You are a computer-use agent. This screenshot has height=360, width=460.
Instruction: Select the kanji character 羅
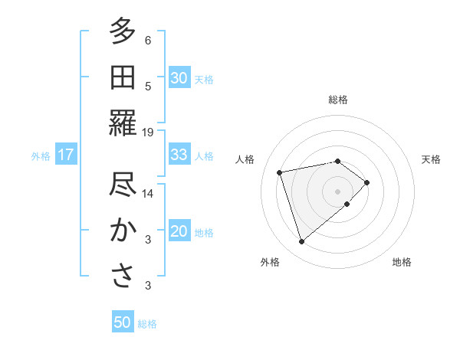click(x=123, y=123)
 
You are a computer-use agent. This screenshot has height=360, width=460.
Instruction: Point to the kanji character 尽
click(x=123, y=185)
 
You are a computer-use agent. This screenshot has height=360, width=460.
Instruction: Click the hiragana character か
click(x=123, y=231)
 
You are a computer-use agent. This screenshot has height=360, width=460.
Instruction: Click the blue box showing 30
click(x=179, y=78)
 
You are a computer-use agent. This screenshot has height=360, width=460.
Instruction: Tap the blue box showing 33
click(x=179, y=155)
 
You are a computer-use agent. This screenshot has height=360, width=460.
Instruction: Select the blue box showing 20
click(x=179, y=232)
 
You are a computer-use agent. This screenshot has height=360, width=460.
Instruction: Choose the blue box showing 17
click(x=65, y=155)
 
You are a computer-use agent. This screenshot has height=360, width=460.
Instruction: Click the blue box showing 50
click(x=123, y=322)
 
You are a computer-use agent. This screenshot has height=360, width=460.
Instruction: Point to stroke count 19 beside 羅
click(x=148, y=132)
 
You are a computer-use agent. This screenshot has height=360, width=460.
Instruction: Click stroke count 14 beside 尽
click(x=148, y=194)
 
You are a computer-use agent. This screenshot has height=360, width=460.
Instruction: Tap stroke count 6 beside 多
click(x=148, y=40)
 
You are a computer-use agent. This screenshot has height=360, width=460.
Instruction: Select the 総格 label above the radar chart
click(x=337, y=100)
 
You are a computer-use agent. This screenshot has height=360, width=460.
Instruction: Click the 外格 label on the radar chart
click(x=270, y=262)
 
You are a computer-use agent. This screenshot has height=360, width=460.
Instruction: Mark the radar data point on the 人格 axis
click(x=280, y=172)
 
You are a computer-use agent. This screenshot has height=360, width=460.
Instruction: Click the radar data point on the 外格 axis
click(x=301, y=242)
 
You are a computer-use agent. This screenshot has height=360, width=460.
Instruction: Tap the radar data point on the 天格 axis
click(x=367, y=182)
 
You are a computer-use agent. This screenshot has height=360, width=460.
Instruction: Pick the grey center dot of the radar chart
click(x=337, y=191)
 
